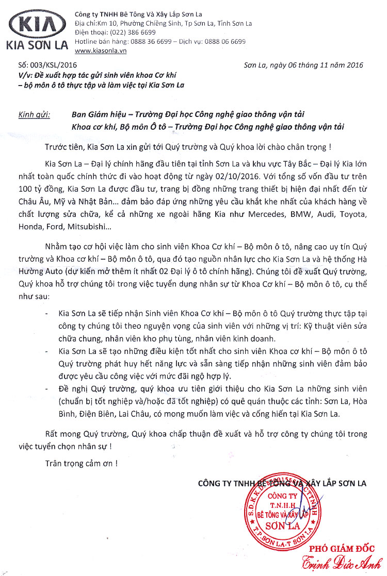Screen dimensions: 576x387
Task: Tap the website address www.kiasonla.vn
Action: (101, 50)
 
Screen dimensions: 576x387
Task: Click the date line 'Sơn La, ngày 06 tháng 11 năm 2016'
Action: (303, 65)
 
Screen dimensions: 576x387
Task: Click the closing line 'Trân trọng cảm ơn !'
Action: (81, 463)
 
